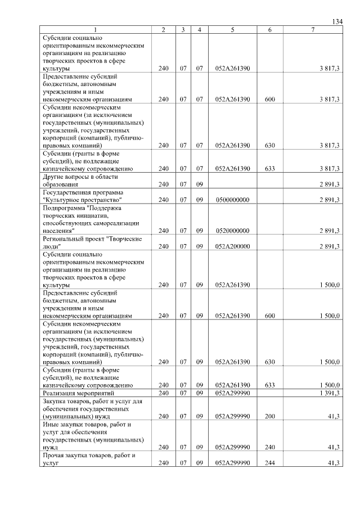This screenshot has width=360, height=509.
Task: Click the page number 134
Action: click(337, 21)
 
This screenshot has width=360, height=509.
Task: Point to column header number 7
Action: click(312, 29)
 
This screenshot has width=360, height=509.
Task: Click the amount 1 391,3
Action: click(329, 393)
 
